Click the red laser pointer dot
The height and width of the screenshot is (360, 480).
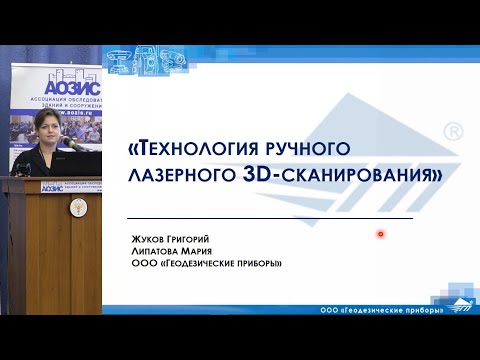pos(381,234)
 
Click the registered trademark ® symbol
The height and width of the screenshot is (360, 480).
pos(452,132)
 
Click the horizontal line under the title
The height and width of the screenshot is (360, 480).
pos(271,218)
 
